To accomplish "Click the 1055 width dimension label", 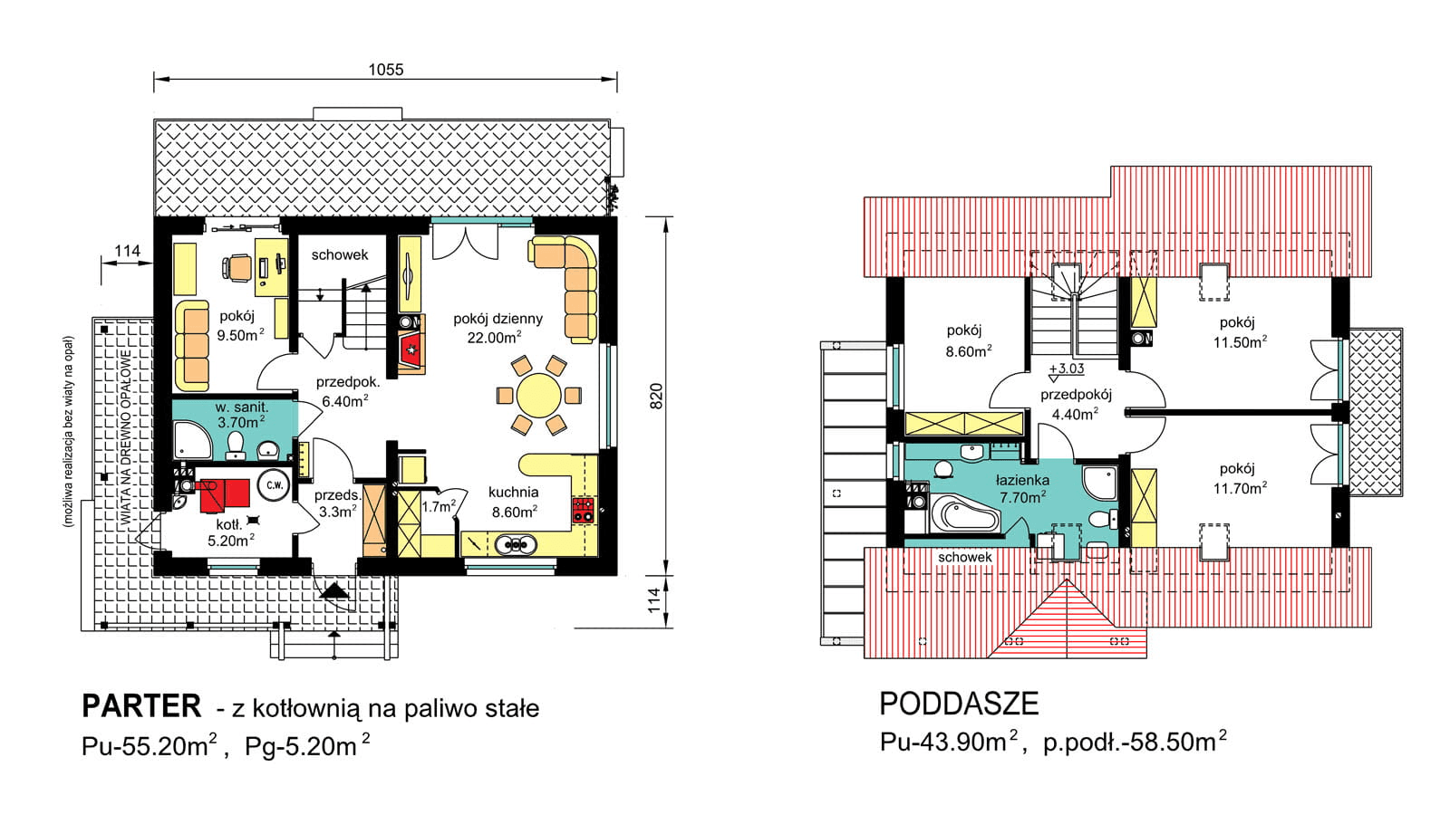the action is tap(386, 69).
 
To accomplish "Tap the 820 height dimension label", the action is tap(656, 396).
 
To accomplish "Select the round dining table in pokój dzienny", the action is tap(538, 395).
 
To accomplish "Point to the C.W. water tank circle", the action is tap(275, 485).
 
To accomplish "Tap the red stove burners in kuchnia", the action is tap(584, 510).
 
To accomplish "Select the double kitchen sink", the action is tap(516, 544).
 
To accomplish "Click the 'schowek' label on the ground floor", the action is tap(339, 254).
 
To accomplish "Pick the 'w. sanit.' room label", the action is tap(241, 407).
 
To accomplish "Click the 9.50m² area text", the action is tap(240, 335).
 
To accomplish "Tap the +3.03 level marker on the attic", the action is tap(1066, 369).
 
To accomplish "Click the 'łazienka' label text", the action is tap(1023, 481).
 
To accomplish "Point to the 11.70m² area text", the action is tap(1240, 488).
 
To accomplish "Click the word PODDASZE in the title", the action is tap(959, 704).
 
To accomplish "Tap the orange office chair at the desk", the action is tap(237, 267).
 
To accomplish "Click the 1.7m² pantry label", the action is tap(439, 506).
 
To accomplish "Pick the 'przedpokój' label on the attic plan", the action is tap(1076, 394).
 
